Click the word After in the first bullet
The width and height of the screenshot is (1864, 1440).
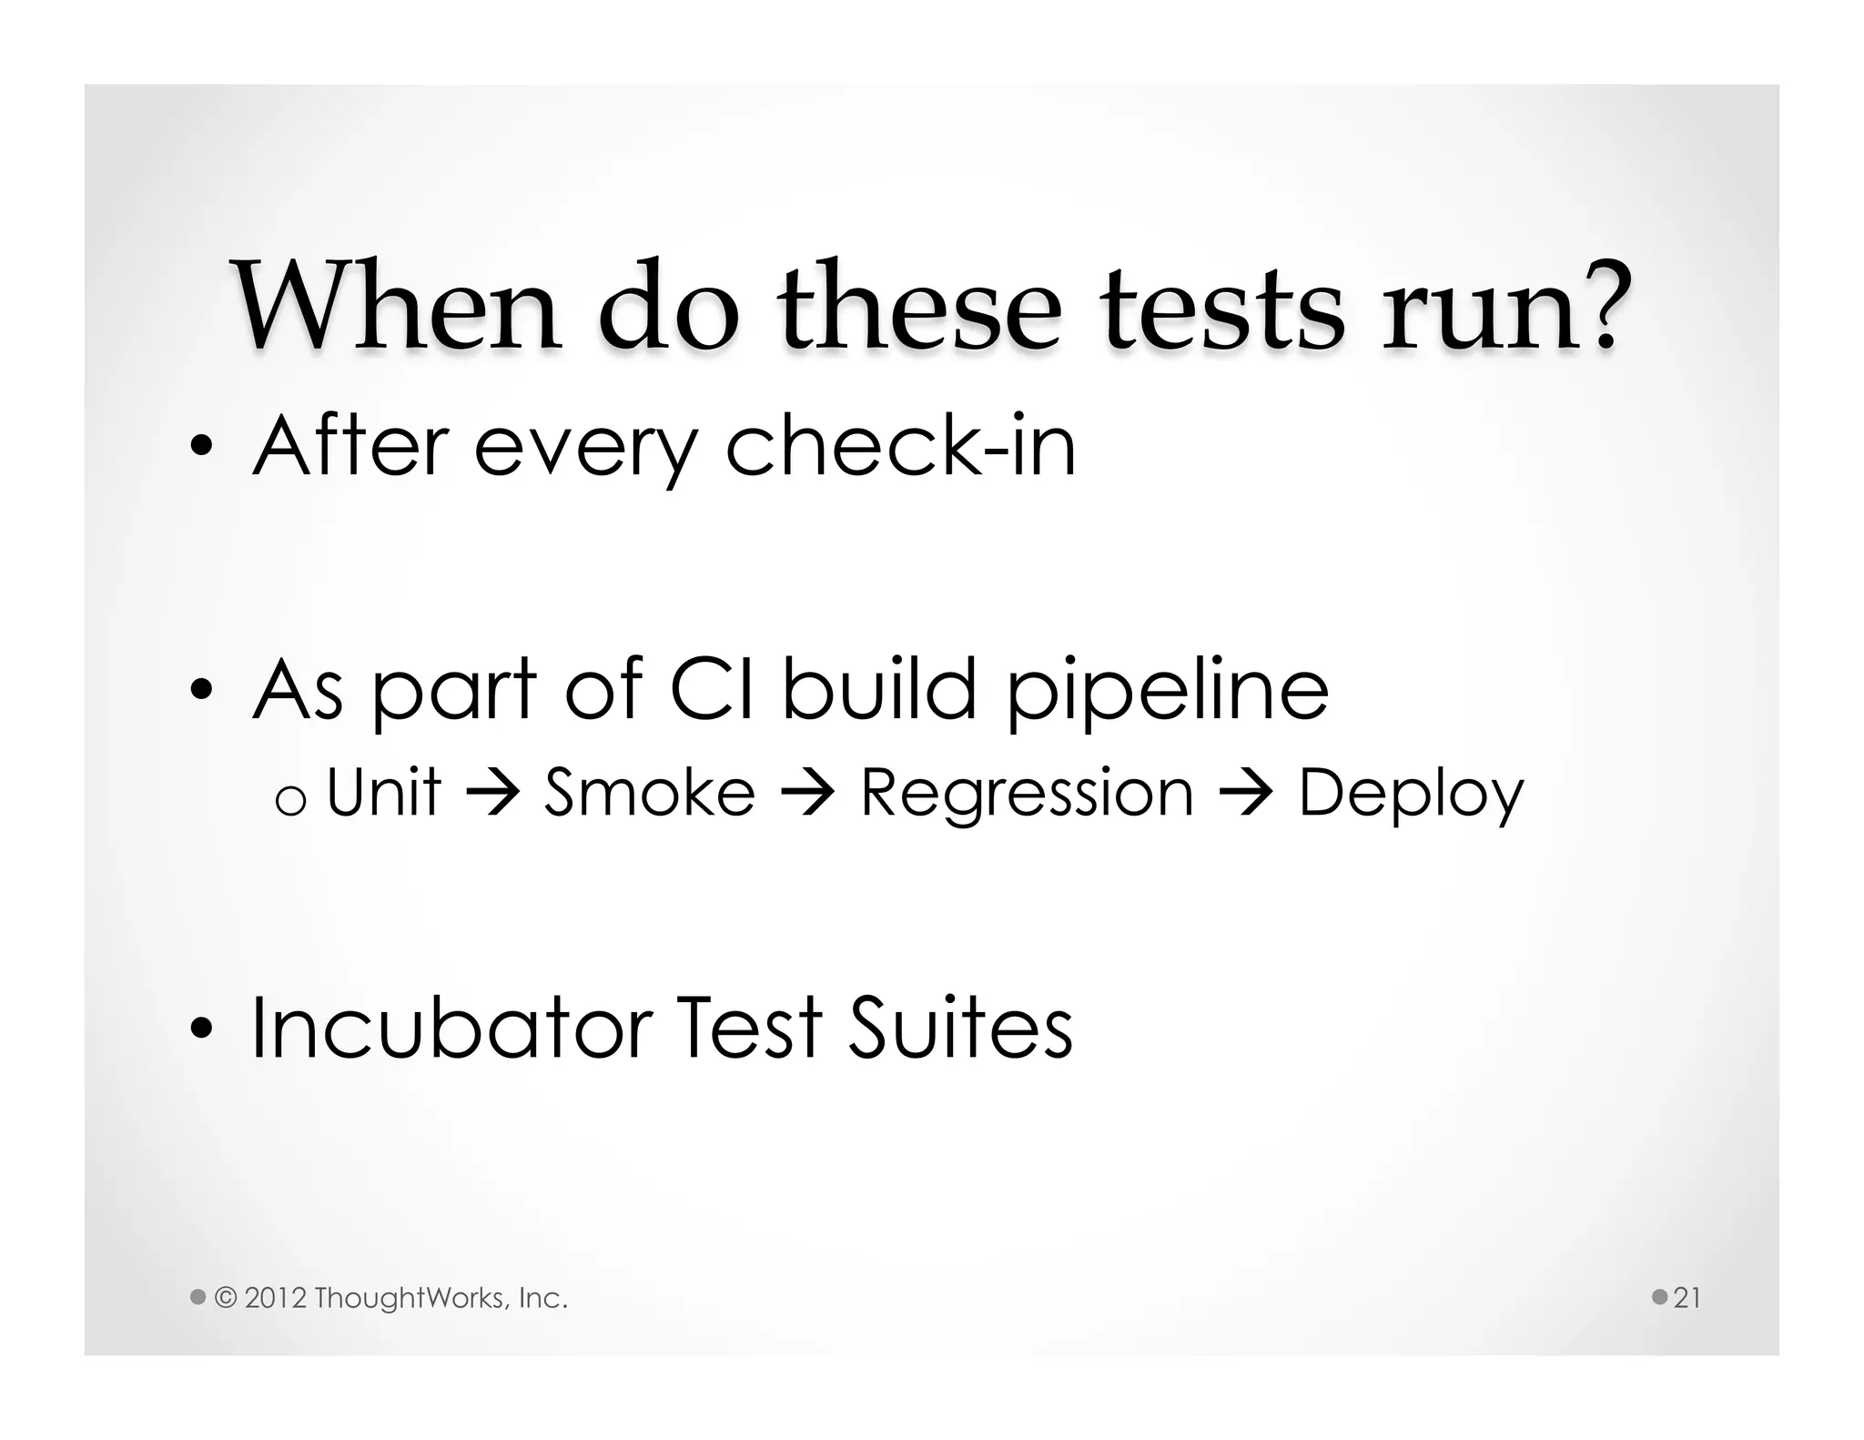350,446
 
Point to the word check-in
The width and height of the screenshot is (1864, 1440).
900,446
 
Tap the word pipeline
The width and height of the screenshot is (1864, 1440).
1167,692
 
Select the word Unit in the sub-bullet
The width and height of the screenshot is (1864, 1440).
383,792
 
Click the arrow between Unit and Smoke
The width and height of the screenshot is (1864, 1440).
492,794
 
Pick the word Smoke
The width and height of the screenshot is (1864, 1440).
650,792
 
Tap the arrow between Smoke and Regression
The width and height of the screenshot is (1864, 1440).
807,794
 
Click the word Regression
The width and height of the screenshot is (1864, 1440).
1027,794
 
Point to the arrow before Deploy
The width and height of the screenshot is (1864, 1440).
1245,794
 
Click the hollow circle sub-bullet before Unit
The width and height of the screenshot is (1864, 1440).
289,801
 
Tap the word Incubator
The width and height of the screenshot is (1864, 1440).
451,1028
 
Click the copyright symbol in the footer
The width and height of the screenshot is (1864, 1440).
225,1297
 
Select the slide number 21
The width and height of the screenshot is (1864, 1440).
1687,1297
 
